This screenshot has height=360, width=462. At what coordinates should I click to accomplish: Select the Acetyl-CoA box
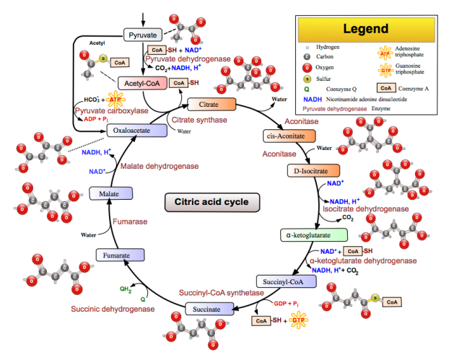[x=143, y=84]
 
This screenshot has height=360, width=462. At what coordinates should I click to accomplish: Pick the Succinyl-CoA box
[x=283, y=281]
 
